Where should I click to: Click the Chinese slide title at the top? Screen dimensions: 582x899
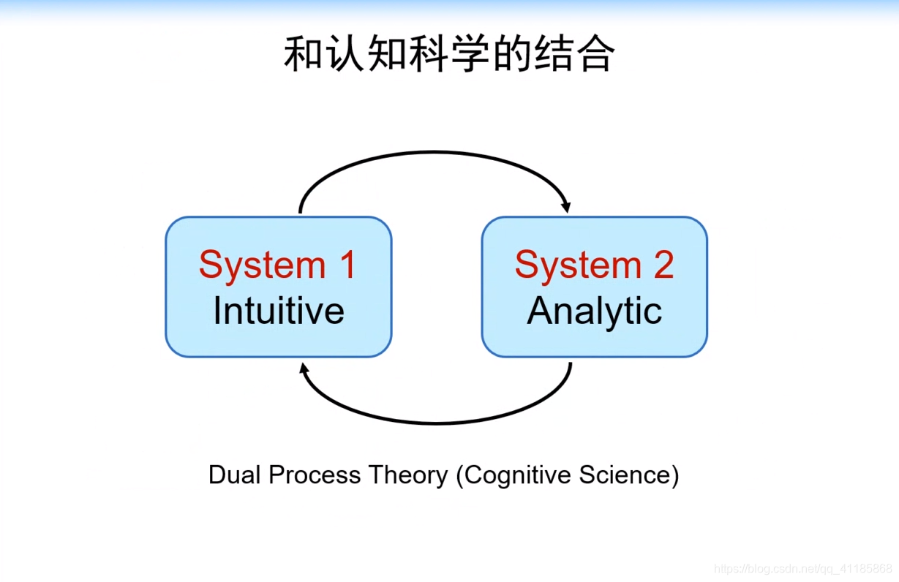(448, 54)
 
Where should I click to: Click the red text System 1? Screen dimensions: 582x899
(277, 265)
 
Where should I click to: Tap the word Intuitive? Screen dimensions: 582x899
(279, 311)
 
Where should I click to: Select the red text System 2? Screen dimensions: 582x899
(594, 265)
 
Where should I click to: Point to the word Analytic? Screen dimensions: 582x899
(594, 311)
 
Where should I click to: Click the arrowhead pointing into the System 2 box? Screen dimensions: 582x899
(565, 206)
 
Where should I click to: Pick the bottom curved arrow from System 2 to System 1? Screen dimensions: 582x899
(437, 422)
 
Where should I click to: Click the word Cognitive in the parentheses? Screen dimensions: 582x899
(517, 475)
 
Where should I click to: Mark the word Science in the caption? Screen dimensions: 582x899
(625, 475)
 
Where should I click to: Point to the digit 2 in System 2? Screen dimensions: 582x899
(663, 265)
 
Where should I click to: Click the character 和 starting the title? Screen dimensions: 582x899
(303, 54)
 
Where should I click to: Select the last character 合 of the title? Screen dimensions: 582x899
(594, 54)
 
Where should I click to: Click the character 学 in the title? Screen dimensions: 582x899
(469, 54)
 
